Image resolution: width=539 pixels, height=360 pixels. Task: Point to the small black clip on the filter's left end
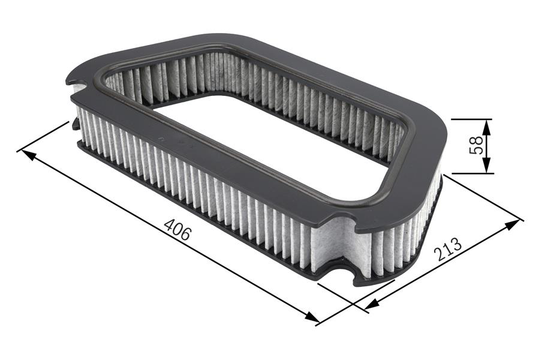tap(76, 124)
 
